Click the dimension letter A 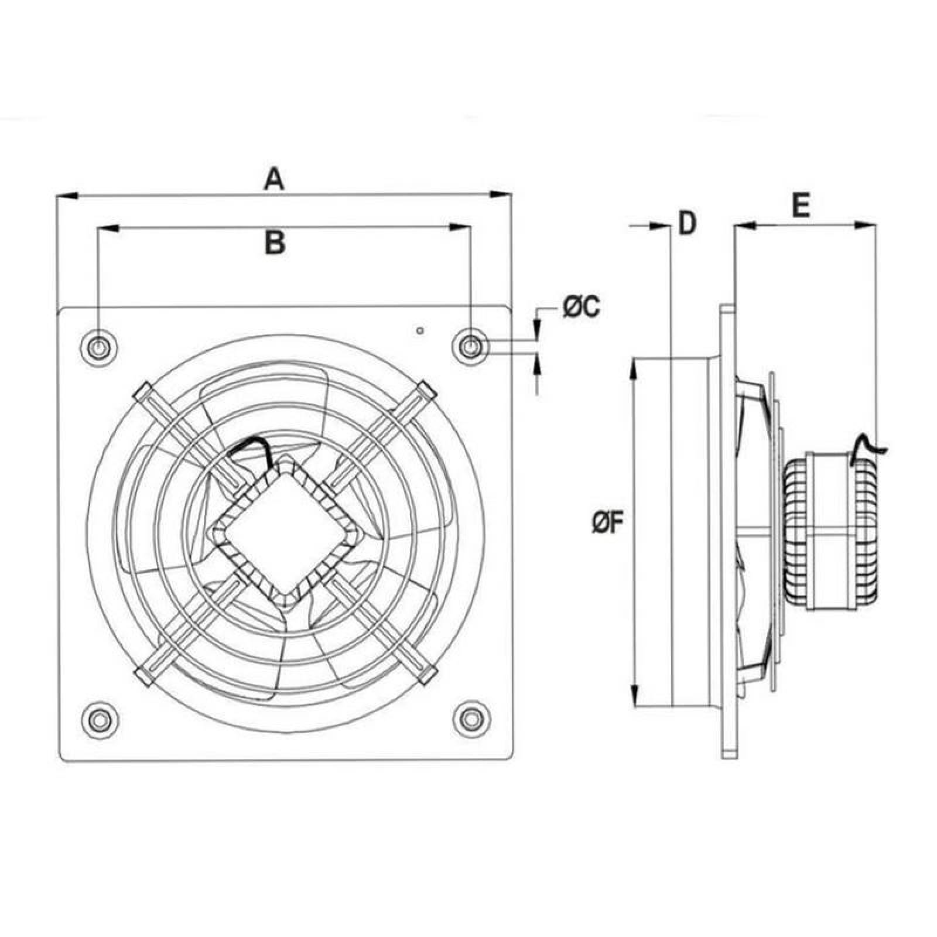click(273, 179)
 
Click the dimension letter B click(274, 242)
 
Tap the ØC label click(581, 307)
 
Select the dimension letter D click(687, 223)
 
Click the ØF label click(608, 522)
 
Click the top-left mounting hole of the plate click(98, 348)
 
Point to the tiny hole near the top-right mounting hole click(419, 331)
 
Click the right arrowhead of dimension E click(867, 224)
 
